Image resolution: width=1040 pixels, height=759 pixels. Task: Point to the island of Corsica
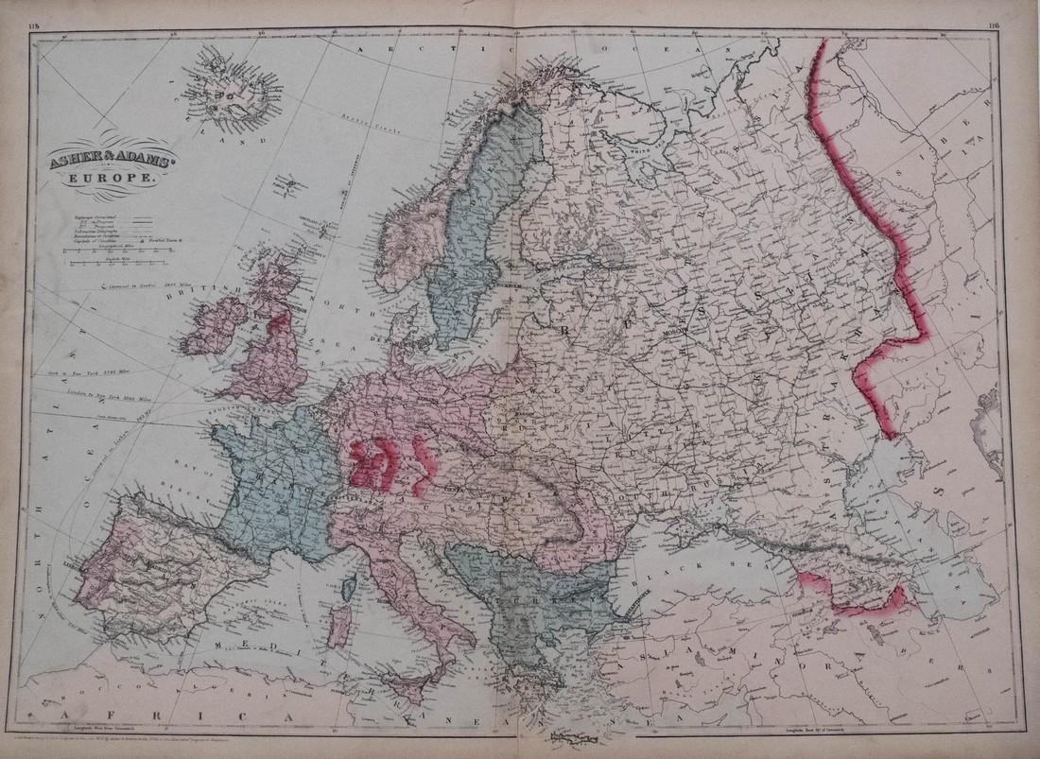(x=351, y=590)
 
